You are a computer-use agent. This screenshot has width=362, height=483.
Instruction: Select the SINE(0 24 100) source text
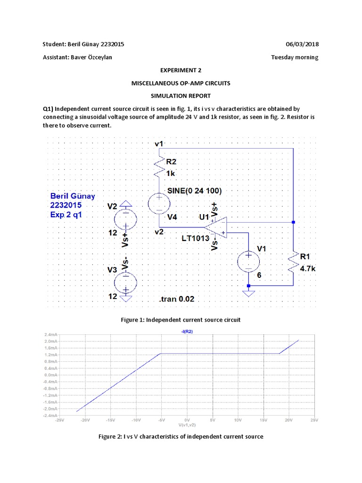click(x=194, y=191)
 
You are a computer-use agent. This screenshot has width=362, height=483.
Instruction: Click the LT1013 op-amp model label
click(x=196, y=238)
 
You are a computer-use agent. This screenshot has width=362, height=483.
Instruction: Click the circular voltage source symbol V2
click(x=126, y=218)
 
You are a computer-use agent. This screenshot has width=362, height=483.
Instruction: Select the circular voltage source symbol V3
click(x=126, y=283)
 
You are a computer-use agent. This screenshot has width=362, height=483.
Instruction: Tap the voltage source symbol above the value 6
click(x=247, y=262)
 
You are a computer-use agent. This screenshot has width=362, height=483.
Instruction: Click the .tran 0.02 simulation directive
click(x=177, y=299)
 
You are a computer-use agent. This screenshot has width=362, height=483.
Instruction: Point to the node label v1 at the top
click(x=159, y=143)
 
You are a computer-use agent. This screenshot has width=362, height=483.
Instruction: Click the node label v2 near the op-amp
click(x=159, y=232)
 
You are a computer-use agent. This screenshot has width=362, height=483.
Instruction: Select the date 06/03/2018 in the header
click(x=302, y=44)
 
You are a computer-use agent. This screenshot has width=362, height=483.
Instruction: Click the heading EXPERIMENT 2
click(x=181, y=70)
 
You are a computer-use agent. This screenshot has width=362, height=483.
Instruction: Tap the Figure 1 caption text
click(x=181, y=320)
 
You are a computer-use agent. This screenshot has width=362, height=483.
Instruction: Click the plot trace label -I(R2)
click(x=187, y=332)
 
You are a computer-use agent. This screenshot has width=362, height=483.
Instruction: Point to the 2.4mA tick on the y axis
click(x=50, y=334)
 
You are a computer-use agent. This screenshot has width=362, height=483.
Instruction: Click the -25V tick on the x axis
click(x=59, y=419)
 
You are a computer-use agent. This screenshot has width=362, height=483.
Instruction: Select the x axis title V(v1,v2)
click(x=187, y=424)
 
